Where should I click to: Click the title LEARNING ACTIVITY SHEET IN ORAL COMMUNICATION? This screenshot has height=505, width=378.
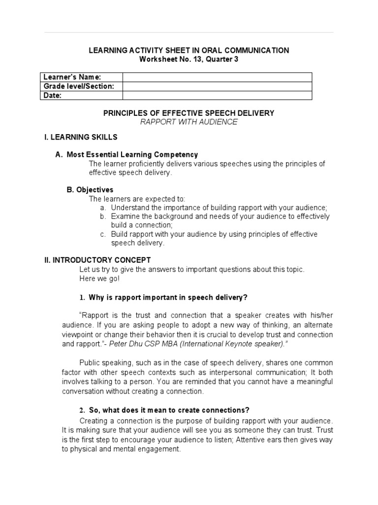coord(189,50)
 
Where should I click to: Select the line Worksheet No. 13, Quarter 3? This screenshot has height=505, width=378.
coord(189,59)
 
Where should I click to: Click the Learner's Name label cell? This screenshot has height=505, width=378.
coord(81,77)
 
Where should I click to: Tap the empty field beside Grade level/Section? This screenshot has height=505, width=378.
coord(217,86)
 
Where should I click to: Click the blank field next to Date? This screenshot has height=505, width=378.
coord(217,96)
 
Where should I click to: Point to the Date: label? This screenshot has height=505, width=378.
coord(53,96)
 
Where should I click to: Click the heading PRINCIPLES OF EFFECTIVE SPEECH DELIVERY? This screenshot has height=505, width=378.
coord(189,113)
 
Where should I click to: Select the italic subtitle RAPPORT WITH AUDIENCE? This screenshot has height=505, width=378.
coord(189,122)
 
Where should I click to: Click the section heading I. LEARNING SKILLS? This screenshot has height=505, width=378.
coord(81,137)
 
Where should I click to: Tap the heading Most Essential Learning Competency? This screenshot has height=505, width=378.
coord(132,154)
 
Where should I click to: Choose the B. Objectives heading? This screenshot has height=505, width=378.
coord(90,189)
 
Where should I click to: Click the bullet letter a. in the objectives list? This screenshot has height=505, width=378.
coord(102,208)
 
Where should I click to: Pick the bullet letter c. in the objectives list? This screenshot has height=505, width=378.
coord(102,234)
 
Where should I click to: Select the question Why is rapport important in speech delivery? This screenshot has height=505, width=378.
coord(167,297)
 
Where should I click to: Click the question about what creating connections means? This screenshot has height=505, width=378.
coord(169,410)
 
